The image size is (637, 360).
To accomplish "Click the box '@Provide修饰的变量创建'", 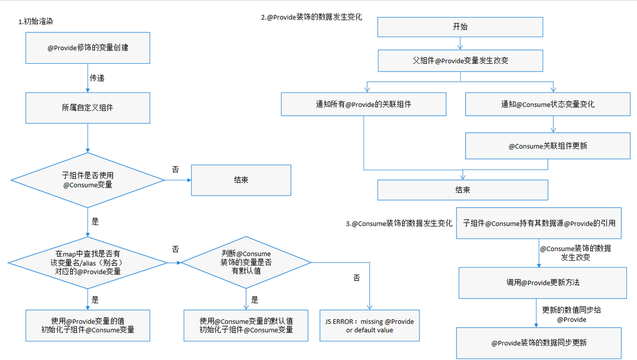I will tap(88, 48).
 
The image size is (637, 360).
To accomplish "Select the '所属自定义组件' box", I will tap(88, 107).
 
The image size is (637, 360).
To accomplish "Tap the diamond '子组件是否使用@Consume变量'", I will tap(88, 180).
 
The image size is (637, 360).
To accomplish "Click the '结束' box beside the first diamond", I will tap(241, 180).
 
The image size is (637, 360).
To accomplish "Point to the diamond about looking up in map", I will tap(88, 262).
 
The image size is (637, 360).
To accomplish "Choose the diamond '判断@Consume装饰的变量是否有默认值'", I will tap(246, 262).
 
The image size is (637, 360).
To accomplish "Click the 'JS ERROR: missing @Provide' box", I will tap(369, 325).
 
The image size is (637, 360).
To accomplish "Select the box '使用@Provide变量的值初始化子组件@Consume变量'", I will tap(88, 325).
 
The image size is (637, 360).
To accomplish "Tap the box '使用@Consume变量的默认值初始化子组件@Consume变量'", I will tap(246, 325).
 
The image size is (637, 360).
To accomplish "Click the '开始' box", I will tap(460, 27).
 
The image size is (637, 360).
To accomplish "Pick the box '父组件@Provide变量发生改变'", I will tap(460, 61).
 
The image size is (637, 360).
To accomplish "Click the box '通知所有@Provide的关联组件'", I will tap(364, 104).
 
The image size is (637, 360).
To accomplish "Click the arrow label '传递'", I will tap(97, 78).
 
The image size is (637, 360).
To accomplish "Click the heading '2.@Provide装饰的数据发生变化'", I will tap(311, 17).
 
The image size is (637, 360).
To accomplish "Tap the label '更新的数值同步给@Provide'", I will tap(571, 314).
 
